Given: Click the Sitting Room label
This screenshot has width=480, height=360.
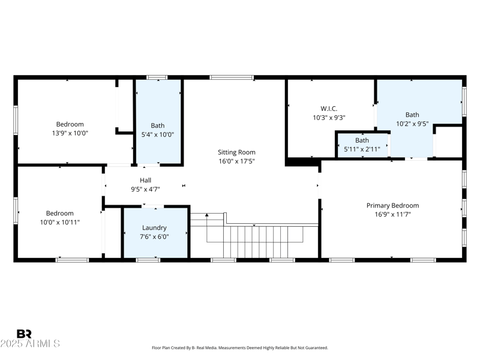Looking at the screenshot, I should (x=236, y=152).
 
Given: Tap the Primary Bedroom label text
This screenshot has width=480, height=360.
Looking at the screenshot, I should (x=392, y=205).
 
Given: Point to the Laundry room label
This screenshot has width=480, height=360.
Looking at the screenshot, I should (x=154, y=227).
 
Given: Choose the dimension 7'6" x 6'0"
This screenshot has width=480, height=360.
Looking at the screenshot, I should (x=154, y=236).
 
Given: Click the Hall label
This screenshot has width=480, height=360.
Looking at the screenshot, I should (x=145, y=180).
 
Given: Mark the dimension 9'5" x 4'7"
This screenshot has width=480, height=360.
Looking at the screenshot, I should (x=145, y=188).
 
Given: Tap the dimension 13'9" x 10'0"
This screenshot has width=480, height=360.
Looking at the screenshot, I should (x=70, y=133).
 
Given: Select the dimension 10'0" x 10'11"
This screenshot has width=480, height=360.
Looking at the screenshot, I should (x=60, y=222).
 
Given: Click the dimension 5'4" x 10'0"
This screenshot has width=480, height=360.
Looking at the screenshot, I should (x=157, y=134).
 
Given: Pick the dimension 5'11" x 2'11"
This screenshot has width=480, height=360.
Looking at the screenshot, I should (x=362, y=149).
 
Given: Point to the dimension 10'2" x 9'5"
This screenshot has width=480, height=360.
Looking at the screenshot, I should (x=412, y=124).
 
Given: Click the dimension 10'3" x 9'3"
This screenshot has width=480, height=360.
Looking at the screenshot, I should (x=329, y=118).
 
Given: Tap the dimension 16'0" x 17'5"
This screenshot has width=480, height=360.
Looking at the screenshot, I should (x=236, y=161).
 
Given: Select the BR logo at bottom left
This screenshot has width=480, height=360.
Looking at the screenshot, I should (x=24, y=334).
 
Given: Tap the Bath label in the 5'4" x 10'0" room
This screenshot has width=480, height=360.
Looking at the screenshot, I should (x=157, y=125).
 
